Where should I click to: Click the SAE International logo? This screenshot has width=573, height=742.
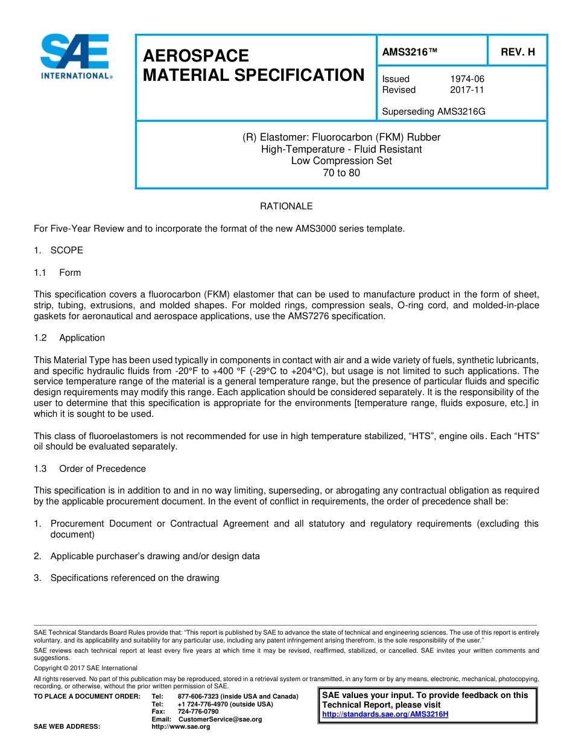tap(75, 56)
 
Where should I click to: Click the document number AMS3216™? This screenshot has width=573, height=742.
tap(410, 52)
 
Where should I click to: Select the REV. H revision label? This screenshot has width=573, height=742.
tap(518, 52)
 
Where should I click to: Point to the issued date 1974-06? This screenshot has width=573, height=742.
tap(467, 79)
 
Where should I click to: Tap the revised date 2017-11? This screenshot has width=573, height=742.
tap(467, 90)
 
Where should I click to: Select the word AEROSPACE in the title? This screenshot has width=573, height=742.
tap(195, 56)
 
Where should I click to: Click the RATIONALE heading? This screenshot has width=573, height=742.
tap(286, 206)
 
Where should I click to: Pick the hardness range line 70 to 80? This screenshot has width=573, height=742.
tap(341, 173)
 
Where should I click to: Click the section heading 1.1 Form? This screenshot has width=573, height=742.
tap(58, 273)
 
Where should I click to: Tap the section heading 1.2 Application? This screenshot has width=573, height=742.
tap(69, 338)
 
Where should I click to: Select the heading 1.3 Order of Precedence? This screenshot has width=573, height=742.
tap(90, 469)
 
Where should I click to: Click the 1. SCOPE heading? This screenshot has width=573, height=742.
tap(59, 250)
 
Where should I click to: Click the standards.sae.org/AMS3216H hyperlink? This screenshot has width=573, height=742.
tap(385, 714)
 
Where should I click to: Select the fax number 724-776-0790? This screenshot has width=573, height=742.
tap(198, 712)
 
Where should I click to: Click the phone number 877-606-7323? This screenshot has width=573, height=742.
tap(198, 697)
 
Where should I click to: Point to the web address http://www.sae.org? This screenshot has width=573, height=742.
tap(181, 727)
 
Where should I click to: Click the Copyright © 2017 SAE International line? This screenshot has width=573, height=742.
tap(86, 668)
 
